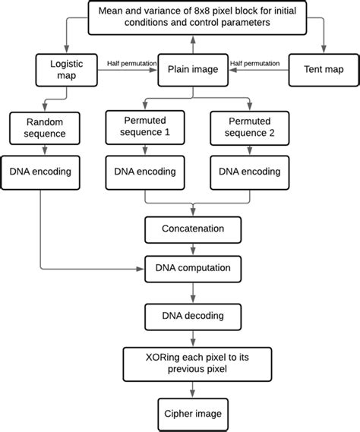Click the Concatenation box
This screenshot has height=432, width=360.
coord(192,228)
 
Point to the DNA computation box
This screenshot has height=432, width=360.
coord(192,268)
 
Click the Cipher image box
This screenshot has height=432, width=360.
coord(192,414)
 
